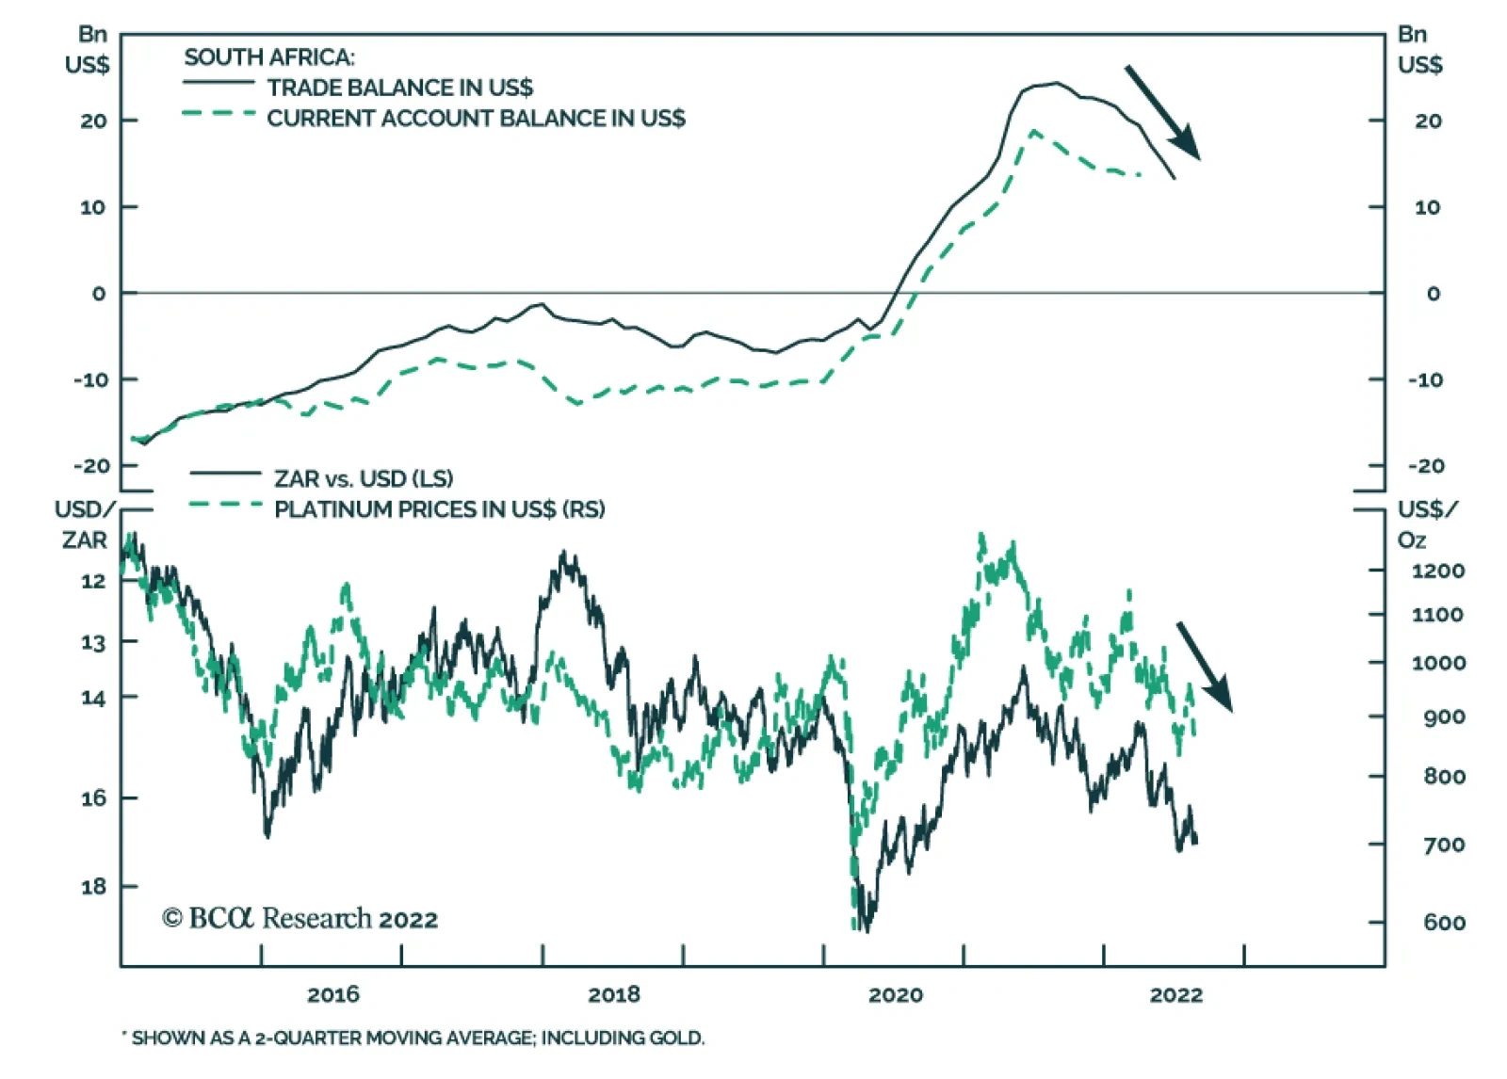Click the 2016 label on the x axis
point(332,994)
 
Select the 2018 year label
point(613,994)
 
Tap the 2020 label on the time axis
point(895,994)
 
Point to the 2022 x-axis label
point(1175,994)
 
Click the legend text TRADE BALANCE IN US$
point(399,88)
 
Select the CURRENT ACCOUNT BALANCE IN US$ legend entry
point(476,119)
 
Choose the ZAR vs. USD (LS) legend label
point(364,478)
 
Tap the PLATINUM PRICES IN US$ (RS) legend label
point(439,509)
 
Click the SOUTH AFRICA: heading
point(269,57)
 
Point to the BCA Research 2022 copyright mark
point(300,918)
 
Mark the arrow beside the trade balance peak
point(1162,112)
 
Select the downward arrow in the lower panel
point(1204,666)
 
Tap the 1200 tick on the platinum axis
point(1437,571)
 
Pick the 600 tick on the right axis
point(1444,923)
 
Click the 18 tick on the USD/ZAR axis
point(93,886)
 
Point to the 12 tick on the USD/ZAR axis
point(93,580)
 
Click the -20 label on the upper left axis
point(92,466)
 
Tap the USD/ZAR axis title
point(85,524)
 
